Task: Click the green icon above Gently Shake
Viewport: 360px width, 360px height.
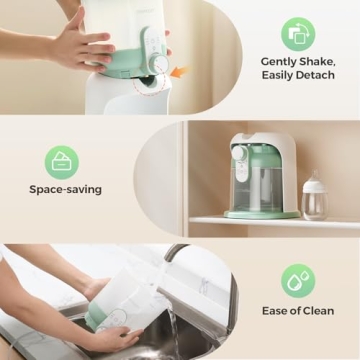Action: click(x=297, y=33)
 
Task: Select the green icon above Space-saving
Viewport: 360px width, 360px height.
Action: click(x=62, y=161)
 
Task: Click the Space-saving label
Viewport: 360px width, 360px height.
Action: click(x=64, y=188)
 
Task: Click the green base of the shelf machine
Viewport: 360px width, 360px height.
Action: click(x=262, y=213)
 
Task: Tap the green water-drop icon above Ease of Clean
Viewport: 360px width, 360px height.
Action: click(x=297, y=281)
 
